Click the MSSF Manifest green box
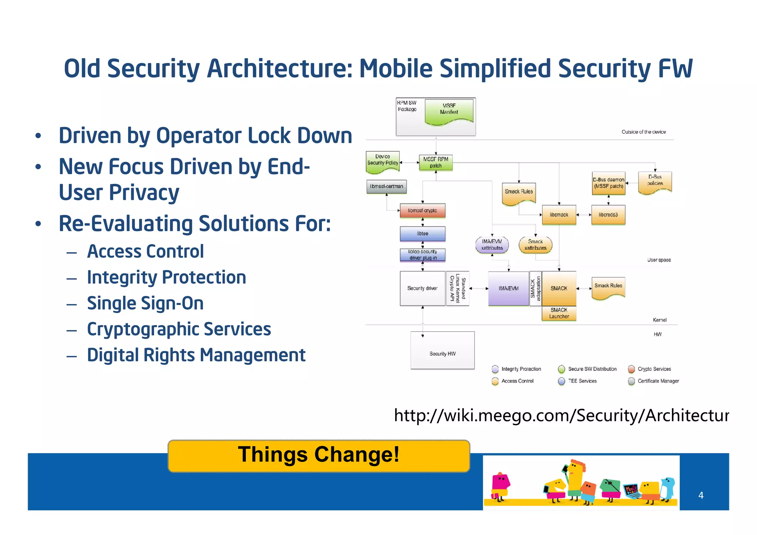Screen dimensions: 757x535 449,110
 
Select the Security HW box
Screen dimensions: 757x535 442,351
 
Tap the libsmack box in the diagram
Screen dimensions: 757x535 559,215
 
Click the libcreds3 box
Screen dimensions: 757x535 608,215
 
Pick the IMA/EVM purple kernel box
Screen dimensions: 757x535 508,288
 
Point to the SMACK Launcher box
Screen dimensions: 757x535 559,313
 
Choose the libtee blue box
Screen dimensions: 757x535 422,234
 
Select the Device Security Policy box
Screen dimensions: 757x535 383,161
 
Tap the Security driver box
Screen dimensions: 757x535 422,288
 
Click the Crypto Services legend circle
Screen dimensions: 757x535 631,369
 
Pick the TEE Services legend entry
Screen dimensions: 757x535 582,381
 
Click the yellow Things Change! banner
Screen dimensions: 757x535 319,455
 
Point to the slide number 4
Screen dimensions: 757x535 700,495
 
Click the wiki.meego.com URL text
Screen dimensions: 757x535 561,415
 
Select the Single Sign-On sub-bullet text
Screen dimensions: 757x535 145,303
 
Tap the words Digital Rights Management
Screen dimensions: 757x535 196,355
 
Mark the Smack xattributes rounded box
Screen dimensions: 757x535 535,245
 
